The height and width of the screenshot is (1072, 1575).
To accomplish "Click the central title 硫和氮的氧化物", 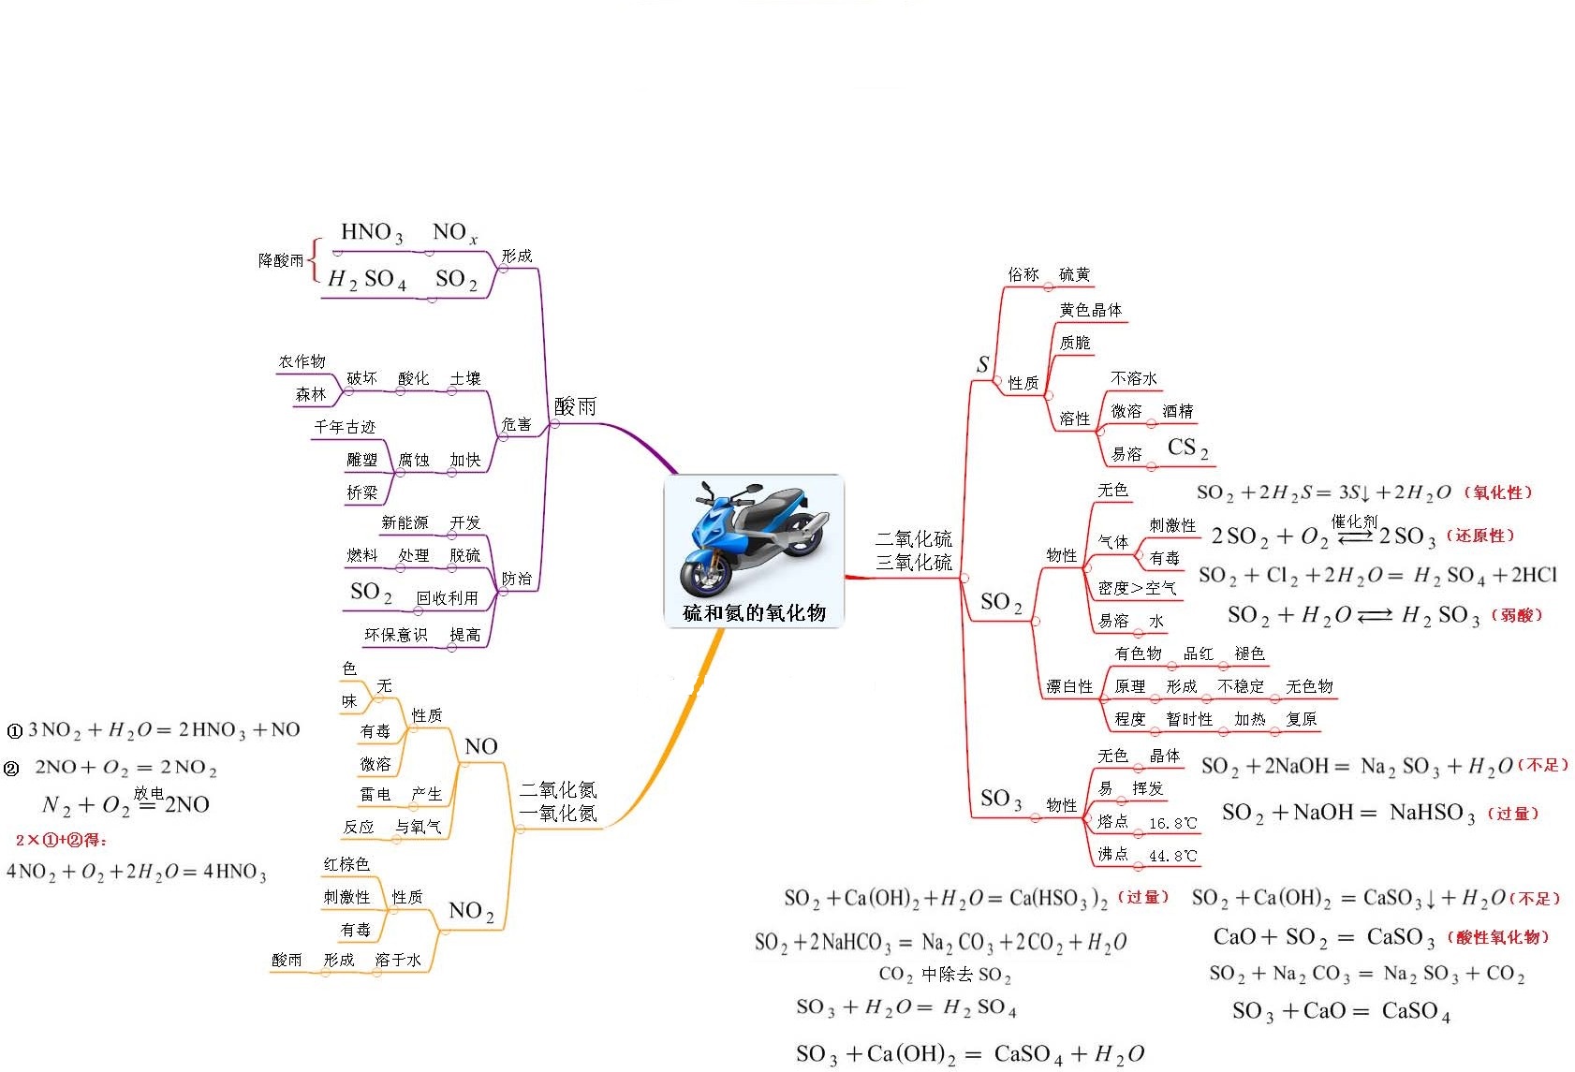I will pos(754,613).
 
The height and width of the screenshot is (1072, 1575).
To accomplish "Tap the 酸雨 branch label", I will pos(575,406).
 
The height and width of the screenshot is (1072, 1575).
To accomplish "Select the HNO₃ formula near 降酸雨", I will pos(372,233).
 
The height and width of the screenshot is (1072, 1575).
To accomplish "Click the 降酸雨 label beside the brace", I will pos(281,260).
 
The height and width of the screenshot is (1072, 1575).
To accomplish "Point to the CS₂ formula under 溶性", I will pos(1187,448).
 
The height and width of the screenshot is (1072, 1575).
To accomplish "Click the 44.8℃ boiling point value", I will pos(1172,856).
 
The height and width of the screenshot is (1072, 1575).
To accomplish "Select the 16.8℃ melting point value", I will pos(1172,823).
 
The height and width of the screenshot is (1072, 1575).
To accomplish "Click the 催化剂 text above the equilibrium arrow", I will pos(1354,521).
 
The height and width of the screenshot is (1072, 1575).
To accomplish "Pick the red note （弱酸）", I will pos(1515,615).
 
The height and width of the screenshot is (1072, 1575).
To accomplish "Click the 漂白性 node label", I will pos(1069,686).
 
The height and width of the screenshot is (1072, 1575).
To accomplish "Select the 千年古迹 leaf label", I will pos(345,427).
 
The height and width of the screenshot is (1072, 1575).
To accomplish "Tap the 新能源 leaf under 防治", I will pos(405,522).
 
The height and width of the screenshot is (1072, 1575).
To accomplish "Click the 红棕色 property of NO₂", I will pos(346,864).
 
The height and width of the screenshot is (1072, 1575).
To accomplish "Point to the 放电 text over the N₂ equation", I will pos(148,793).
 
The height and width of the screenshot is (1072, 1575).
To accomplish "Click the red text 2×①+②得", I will pos(62,840).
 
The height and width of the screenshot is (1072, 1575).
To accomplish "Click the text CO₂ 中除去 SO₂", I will pos(944,975).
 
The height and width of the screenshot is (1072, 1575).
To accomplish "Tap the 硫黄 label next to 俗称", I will pos(1074,274).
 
